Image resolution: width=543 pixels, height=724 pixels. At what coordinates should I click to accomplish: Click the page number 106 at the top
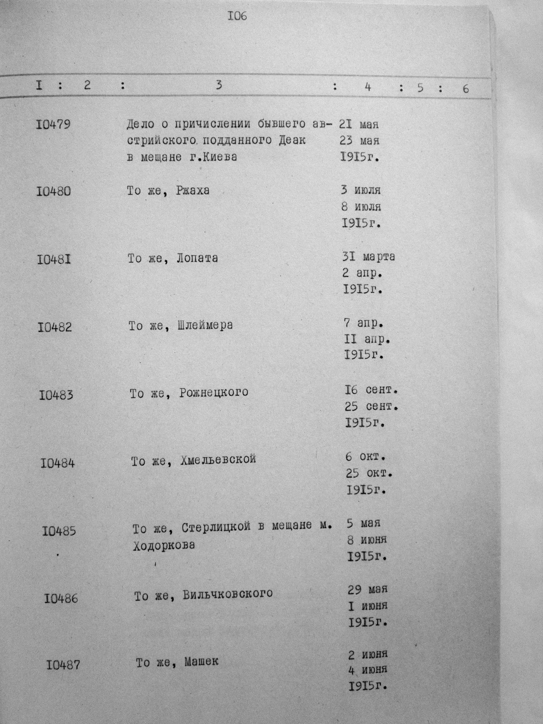tap(237, 16)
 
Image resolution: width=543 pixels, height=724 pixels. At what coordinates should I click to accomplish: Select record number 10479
tap(53, 124)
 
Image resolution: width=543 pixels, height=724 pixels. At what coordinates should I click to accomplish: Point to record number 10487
tap(63, 665)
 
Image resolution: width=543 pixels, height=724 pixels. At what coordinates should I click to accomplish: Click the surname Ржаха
tap(192, 190)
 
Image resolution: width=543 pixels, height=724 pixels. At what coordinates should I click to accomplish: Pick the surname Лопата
tap(197, 259)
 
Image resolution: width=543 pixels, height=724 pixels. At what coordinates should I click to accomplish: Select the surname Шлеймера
tap(205, 326)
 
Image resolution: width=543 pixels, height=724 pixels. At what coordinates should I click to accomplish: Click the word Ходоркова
tap(164, 545)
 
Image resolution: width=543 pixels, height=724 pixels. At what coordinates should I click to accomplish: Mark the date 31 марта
tap(368, 257)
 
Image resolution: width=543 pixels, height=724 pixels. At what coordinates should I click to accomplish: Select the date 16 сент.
tap(371, 390)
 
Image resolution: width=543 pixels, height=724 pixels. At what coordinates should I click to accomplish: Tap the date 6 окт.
tap(365, 457)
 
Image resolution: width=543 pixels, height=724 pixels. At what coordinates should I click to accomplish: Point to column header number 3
tap(219, 85)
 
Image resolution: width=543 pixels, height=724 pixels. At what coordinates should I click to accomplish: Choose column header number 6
tap(465, 89)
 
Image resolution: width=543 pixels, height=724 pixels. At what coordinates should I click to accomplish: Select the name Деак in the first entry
tap(292, 140)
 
